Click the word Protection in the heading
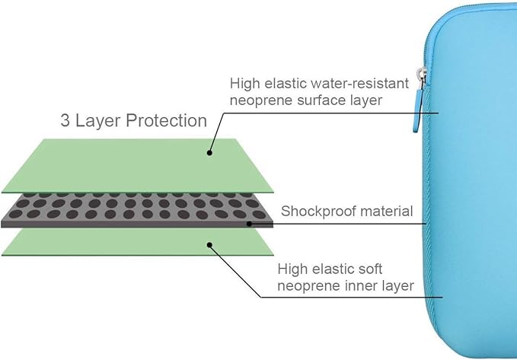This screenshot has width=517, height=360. (167, 120)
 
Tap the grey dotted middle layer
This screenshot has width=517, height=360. (137, 209)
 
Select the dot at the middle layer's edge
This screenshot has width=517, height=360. (248, 224)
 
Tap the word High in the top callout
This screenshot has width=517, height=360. (244, 82)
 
